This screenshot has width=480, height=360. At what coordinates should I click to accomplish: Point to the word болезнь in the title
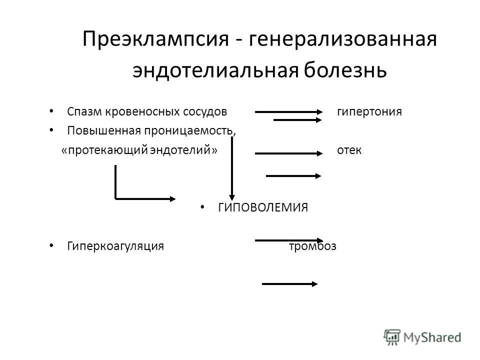[x=345, y=70]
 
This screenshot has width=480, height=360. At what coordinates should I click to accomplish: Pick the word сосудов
[x=205, y=112]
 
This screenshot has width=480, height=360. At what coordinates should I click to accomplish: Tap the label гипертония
[x=369, y=111]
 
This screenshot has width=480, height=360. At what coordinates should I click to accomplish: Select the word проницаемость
[x=190, y=131]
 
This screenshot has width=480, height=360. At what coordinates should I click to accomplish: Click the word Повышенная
[x=104, y=130]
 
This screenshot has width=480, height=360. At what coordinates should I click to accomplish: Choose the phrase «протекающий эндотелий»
[x=139, y=150]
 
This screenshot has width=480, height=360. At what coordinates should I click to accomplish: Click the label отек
[x=349, y=150]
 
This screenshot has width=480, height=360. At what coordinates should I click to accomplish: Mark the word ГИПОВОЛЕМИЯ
[x=263, y=207]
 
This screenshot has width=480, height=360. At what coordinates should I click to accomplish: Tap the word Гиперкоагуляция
[x=115, y=246]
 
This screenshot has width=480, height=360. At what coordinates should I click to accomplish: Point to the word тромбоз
[x=312, y=246]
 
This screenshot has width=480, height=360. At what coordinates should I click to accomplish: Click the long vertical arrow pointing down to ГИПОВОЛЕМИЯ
[x=232, y=168]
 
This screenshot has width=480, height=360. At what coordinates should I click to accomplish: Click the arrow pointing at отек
[x=288, y=153]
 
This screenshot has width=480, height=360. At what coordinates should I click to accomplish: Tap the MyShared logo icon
[x=392, y=337]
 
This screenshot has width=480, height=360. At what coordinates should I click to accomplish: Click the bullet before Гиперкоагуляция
[x=51, y=245]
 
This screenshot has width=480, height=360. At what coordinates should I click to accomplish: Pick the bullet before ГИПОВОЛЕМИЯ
[x=202, y=207]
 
